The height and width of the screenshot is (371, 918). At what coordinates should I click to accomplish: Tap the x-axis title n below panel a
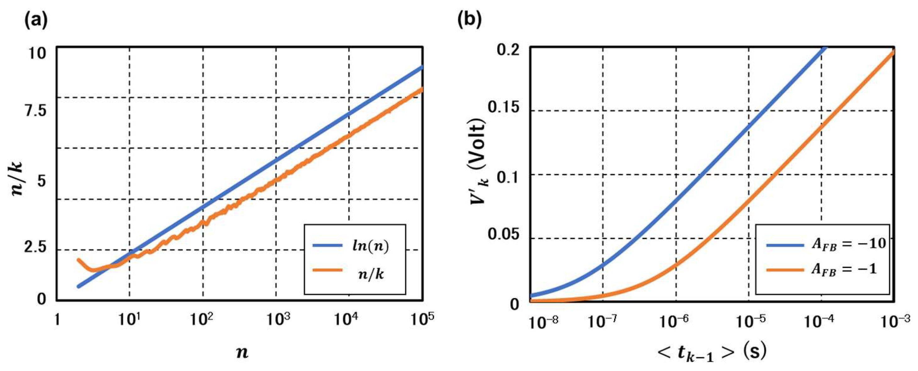(x=242, y=352)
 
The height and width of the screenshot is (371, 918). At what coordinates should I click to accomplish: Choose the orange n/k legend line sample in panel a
(x=327, y=270)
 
